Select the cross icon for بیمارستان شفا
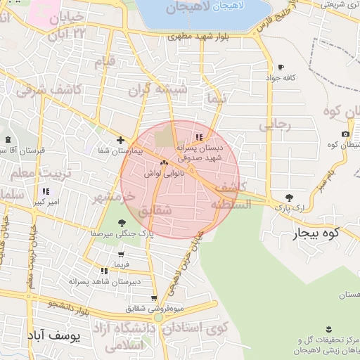pos(120,140)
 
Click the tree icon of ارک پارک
pos(288,198)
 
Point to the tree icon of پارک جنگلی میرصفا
pos(122,223)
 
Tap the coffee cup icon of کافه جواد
pos(281,67)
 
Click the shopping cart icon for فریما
pos(122,254)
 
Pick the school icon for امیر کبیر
pos(46,191)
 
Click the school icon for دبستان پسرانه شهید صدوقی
pos(200,136)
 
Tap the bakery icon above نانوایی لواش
pos(164,163)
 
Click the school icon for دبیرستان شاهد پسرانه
pos(103,270)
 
